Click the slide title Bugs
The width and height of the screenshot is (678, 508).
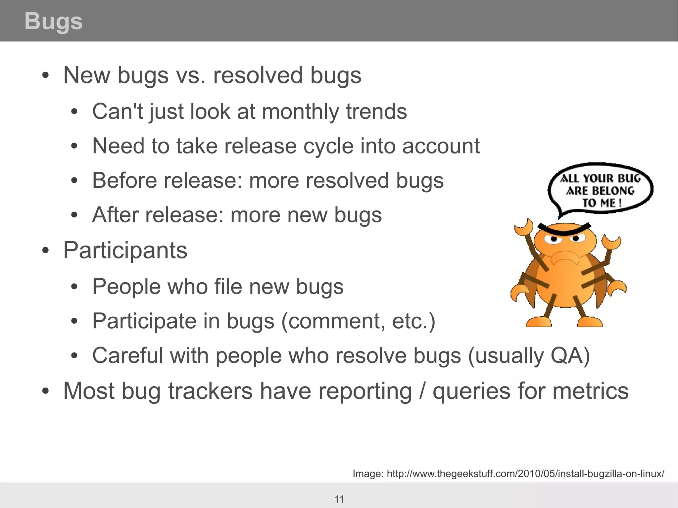coord(53,21)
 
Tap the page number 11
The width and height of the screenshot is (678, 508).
coord(339,499)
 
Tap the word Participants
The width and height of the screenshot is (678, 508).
coord(125,251)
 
